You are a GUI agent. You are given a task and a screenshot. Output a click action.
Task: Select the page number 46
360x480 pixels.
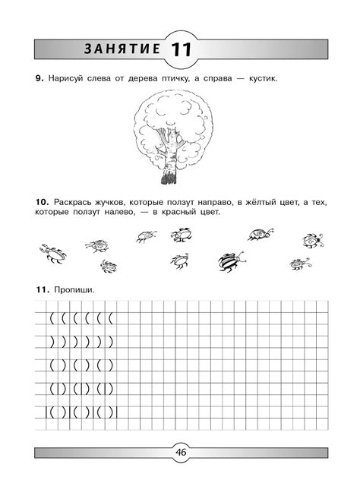click(181, 453)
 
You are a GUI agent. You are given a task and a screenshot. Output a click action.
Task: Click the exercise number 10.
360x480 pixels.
click(41, 202)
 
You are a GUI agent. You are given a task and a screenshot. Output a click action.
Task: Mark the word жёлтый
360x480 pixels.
click(255, 202)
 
